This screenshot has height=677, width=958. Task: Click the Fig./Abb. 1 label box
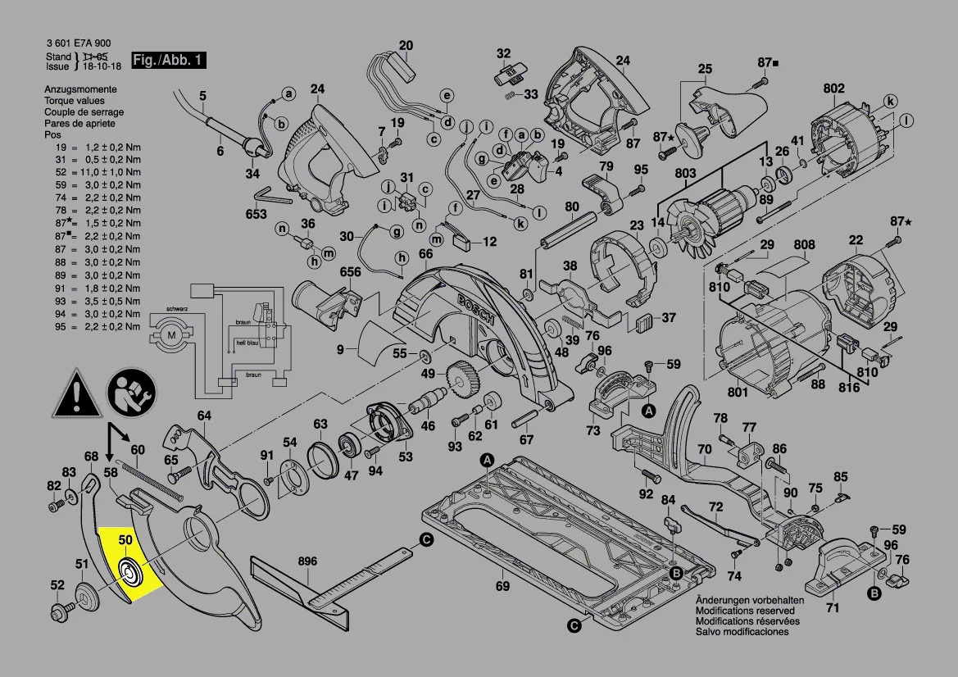(168, 61)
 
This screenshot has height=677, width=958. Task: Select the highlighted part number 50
(125, 540)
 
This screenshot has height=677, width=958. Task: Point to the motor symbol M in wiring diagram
(171, 334)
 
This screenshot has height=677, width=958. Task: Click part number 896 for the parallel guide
(307, 561)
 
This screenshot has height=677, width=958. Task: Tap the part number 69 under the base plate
(502, 586)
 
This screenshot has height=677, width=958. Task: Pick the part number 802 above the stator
(833, 89)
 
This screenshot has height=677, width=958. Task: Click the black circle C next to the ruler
(426, 539)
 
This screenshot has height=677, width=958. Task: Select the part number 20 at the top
(406, 45)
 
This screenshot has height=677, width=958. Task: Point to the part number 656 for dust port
(351, 272)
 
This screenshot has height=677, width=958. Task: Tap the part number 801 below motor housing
(738, 392)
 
